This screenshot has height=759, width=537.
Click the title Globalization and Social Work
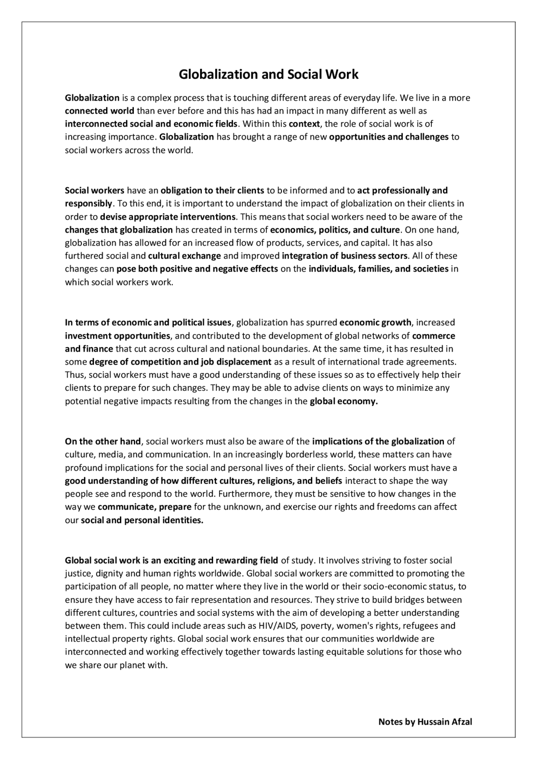click(x=268, y=74)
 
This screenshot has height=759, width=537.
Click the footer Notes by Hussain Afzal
click(x=425, y=721)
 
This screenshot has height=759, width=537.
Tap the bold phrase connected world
click(x=99, y=111)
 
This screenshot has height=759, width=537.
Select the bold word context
click(x=304, y=124)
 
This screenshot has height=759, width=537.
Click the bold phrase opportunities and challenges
click(x=389, y=137)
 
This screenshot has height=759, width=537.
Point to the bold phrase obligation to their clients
click(x=212, y=190)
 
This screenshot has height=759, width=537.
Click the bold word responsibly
click(x=89, y=204)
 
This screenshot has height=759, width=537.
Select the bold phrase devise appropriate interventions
click(x=168, y=217)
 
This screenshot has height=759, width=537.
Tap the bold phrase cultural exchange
click(x=185, y=256)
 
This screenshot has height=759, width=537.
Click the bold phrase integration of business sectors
click(x=344, y=256)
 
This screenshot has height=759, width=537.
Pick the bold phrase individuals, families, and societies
click(x=378, y=269)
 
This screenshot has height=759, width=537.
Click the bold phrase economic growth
click(x=375, y=322)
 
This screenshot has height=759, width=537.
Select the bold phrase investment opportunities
click(x=117, y=336)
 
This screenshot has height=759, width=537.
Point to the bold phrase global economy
click(x=344, y=401)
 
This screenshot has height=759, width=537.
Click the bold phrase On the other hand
click(x=103, y=441)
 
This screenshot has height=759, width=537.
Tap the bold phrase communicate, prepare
click(x=144, y=507)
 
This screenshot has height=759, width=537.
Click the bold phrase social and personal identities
click(x=142, y=520)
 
